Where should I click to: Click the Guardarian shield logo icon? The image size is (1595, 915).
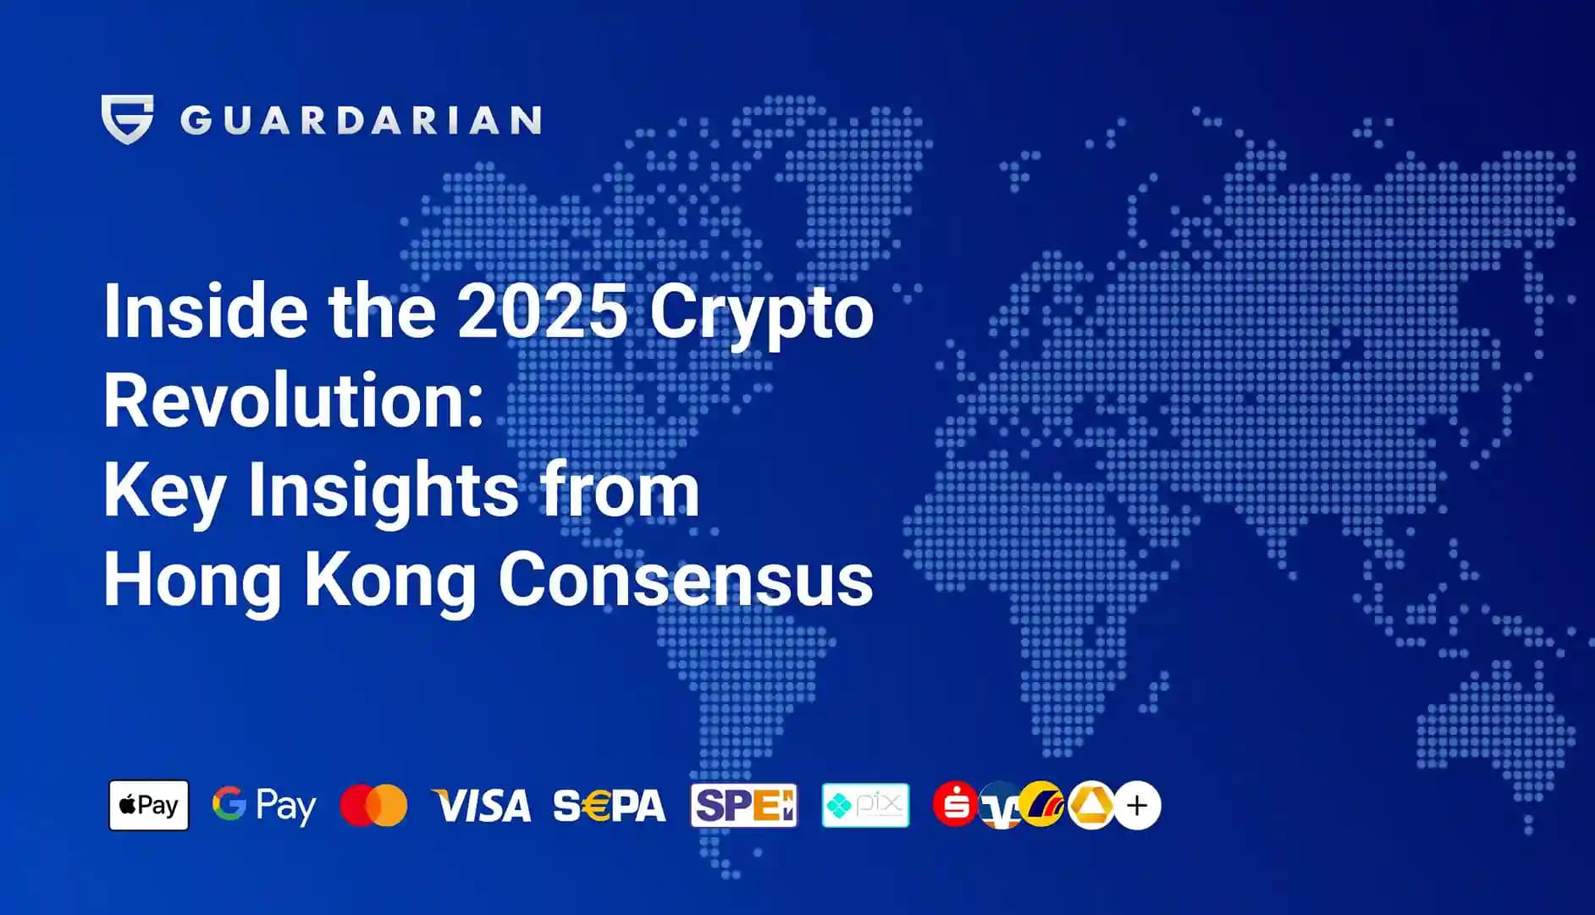(127, 119)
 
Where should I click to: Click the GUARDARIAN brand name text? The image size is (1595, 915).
(361, 120)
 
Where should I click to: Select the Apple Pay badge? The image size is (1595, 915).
(149, 805)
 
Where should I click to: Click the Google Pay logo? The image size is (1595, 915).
(264, 805)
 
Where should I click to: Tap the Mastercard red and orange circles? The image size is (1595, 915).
(373, 805)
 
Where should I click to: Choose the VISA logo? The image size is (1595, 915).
(482, 806)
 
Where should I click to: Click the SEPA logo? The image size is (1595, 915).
(610, 806)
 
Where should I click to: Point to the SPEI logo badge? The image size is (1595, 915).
(743, 805)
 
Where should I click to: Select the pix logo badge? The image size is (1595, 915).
(865, 805)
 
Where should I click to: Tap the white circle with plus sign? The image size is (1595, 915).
(1137, 805)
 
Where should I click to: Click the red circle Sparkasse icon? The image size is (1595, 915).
(954, 804)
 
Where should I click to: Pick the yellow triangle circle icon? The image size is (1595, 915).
(1090, 805)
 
